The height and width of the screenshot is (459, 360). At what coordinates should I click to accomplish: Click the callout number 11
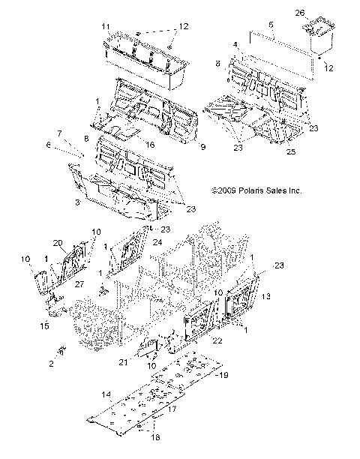[x=106, y=26]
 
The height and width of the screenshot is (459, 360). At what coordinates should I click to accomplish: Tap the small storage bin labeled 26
[x=320, y=37]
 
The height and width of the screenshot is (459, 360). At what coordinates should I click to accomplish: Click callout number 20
[x=57, y=242]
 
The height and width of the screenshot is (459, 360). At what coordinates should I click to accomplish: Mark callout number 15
[x=44, y=325]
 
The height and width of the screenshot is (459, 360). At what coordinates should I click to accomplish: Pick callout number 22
[x=217, y=340]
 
